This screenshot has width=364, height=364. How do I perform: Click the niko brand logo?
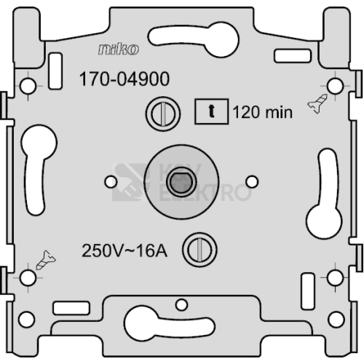[119, 50]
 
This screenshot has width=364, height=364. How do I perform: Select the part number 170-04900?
[124, 79]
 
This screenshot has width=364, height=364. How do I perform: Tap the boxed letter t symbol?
[212, 111]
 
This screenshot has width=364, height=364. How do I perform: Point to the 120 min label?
[263, 112]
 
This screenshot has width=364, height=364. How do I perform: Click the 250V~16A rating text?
[124, 250]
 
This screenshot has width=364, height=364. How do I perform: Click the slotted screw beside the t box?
[163, 114]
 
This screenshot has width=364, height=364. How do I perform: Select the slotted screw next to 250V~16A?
[199, 250]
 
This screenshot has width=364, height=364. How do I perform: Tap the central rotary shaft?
[181, 182]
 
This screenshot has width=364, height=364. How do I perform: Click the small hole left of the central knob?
[111, 182]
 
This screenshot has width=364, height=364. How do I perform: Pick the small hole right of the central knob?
[252, 181]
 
